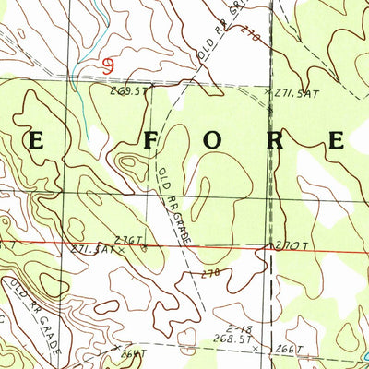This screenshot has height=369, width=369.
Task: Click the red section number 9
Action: [110, 65]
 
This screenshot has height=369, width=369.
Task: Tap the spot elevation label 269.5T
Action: [128, 91]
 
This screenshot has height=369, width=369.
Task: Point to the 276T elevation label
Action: [130, 241]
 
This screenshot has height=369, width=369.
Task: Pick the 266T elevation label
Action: [289, 349]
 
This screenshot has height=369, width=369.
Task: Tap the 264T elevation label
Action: [132, 352]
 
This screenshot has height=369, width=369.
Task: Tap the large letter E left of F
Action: [42, 141]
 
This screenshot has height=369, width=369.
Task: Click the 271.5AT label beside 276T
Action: [90, 249]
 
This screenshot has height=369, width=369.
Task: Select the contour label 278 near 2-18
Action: [210, 273]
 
